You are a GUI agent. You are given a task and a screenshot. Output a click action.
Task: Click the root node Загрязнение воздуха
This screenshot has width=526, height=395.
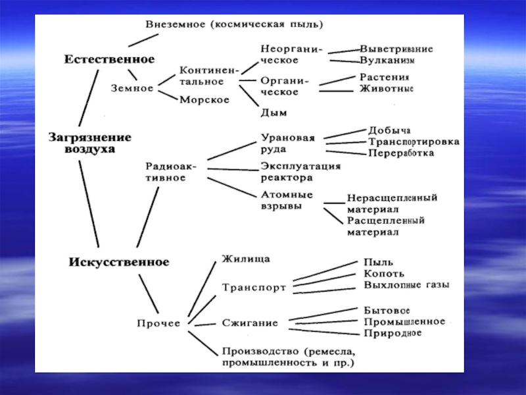(x=89, y=143)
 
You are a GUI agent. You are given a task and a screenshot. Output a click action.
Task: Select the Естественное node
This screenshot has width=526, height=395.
(x=109, y=59)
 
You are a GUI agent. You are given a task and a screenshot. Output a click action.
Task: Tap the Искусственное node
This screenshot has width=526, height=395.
(x=118, y=262)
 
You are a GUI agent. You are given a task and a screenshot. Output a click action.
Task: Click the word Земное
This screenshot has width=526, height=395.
(x=131, y=88)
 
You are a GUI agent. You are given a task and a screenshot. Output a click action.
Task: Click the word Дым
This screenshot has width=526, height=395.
(x=274, y=113)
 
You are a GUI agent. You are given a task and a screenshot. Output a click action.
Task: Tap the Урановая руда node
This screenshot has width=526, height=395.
(x=288, y=144)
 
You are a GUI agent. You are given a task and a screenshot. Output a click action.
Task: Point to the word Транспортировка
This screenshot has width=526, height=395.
(x=414, y=142)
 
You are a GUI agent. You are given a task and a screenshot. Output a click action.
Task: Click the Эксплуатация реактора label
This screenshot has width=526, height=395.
(x=300, y=171)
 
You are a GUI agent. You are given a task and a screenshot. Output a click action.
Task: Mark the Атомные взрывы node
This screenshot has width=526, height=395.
(x=287, y=200)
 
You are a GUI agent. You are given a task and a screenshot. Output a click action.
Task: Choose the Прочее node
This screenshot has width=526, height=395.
(x=158, y=323)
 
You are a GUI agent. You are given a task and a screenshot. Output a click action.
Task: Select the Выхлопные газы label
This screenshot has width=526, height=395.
(x=406, y=286)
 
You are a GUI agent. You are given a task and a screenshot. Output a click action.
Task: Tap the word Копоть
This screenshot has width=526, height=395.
(x=384, y=274)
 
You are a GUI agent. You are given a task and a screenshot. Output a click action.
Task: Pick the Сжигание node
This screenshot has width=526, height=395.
(x=249, y=323)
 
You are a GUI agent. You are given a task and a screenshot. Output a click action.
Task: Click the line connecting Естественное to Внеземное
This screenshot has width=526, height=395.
(x=148, y=38)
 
